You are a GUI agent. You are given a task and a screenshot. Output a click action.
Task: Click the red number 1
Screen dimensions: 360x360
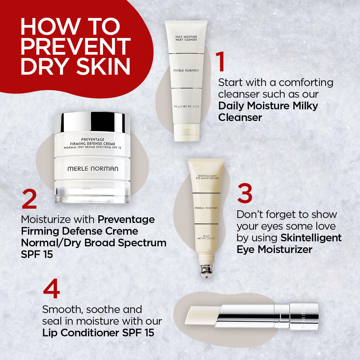point(221,61)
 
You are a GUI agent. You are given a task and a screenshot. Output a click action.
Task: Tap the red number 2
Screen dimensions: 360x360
point(29,199)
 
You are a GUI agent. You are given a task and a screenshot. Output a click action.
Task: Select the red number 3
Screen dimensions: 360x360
point(245,193)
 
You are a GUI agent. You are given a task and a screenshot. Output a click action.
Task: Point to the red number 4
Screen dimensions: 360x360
point(51,289)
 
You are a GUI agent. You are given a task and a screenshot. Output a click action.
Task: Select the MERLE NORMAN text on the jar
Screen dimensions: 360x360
point(93,169)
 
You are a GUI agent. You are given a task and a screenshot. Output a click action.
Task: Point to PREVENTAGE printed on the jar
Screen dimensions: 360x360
point(93,139)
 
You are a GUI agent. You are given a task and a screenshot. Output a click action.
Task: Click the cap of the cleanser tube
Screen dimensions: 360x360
point(186,132)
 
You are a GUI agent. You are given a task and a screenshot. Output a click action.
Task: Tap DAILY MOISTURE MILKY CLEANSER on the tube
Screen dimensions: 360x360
point(186,38)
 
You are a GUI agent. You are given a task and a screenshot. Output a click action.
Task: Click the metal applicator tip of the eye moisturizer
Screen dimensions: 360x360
point(206,271)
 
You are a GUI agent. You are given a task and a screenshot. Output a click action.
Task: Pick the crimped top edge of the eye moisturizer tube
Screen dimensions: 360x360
point(206,160)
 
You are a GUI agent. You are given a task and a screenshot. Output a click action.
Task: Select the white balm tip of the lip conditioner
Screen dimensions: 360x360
point(201,315)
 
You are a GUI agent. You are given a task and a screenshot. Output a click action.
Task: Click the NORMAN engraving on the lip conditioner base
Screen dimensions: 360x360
point(303,316)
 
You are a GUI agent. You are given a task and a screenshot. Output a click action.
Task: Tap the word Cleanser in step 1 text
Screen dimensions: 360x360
point(240,118)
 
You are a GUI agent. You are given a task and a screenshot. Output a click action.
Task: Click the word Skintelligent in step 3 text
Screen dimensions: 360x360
point(311,238)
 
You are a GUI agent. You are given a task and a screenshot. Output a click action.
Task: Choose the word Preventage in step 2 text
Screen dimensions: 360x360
point(126,220)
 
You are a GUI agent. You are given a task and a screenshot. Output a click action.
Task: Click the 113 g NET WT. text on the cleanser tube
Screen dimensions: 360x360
point(186,107)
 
